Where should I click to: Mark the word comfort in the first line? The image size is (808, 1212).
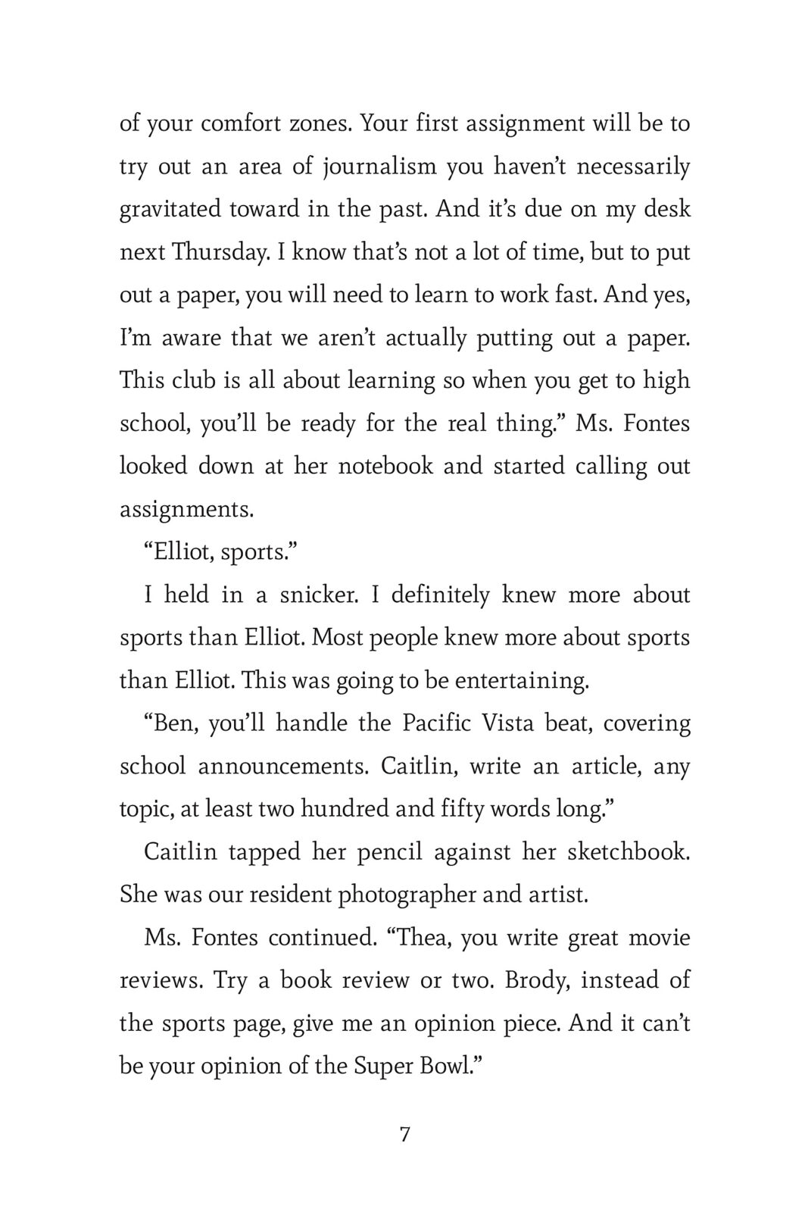(x=246, y=123)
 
